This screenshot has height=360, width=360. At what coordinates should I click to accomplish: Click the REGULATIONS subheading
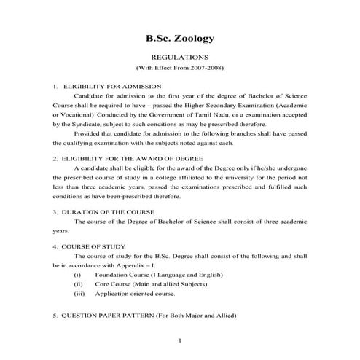179,56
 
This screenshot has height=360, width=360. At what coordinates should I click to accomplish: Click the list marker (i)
78,275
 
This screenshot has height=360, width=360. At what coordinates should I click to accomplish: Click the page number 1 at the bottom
180,341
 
